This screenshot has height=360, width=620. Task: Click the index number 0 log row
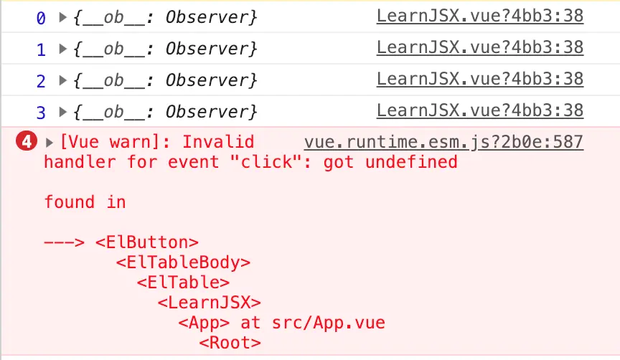tap(41, 17)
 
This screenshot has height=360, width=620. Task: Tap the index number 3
tap(41, 112)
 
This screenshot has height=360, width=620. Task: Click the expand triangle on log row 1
tap(63, 49)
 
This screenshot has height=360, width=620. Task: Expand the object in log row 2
tap(63, 80)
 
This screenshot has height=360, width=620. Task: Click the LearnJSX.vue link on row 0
tap(479, 16)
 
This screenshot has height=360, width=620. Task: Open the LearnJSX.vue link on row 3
tap(479, 110)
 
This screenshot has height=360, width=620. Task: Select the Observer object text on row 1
tap(165, 49)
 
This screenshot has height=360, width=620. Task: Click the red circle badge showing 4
tap(27, 142)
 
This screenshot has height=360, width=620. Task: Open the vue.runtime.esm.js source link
tap(443, 142)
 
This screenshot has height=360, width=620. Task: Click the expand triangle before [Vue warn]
tap(50, 142)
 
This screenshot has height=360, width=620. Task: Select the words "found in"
tap(85, 202)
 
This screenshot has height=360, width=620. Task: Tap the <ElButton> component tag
tap(147, 242)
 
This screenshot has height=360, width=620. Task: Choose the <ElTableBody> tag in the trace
tap(183, 262)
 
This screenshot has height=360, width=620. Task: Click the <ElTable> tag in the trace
tap(183, 283)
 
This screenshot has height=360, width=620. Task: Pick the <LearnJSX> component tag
tap(209, 303)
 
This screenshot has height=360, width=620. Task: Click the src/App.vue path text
tap(328, 323)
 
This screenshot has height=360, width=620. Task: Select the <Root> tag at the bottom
tap(230, 343)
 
